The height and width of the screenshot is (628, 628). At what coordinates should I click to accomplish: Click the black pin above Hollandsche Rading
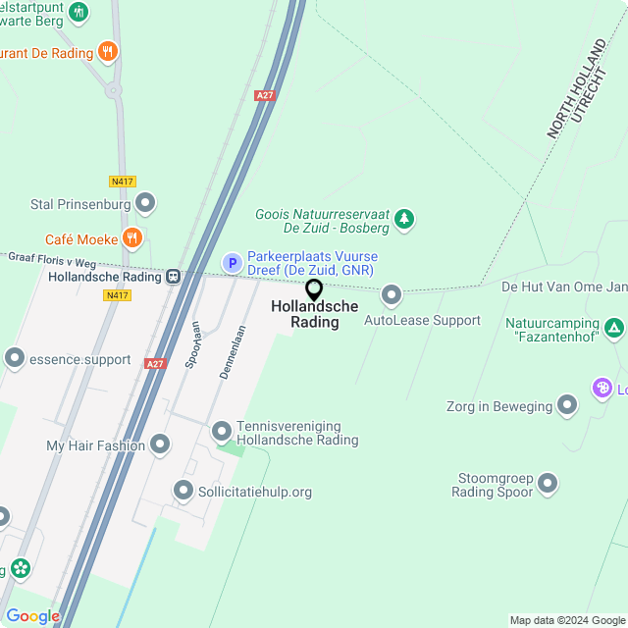pos(314,290)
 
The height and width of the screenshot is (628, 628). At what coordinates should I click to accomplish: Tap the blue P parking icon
pos(232,263)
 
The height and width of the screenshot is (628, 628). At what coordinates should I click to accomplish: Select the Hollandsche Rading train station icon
pos(173,278)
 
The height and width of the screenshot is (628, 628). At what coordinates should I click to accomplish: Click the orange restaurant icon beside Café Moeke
pos(132,238)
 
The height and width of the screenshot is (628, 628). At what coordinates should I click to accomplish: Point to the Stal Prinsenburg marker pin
pos(146,204)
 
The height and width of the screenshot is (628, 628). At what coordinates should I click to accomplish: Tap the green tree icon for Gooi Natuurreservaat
pos(404,220)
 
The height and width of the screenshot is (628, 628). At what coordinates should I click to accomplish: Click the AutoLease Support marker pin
pos(392,294)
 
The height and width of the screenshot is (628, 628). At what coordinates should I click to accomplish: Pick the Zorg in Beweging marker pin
pos(567,405)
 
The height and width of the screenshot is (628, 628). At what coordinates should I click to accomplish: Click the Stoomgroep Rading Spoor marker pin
pos(548,484)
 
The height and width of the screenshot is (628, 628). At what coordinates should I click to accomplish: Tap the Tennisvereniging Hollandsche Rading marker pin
pos(222,431)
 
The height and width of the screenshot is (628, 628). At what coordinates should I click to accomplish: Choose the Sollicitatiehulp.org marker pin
pos(183,491)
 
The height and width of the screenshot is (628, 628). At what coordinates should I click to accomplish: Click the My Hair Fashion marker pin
pos(160,445)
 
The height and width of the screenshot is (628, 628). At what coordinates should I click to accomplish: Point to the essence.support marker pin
pos(15,359)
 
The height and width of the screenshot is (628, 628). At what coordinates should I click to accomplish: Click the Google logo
pos(32,616)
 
